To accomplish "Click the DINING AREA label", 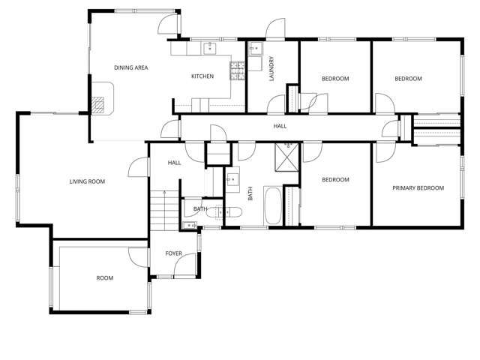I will [x=130, y=67].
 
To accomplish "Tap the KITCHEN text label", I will [x=202, y=76].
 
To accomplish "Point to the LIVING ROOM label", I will [x=87, y=181].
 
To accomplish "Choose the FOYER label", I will [x=174, y=253].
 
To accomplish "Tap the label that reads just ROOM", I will [x=104, y=278].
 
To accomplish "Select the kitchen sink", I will [x=211, y=49].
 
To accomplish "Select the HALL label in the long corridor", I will [x=280, y=127].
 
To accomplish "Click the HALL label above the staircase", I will [x=174, y=162].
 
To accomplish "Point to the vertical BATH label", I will [x=250, y=193].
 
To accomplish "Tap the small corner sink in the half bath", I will [x=187, y=223].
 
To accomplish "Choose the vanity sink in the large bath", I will [x=232, y=179].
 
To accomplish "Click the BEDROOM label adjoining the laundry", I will [x=335, y=79].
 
